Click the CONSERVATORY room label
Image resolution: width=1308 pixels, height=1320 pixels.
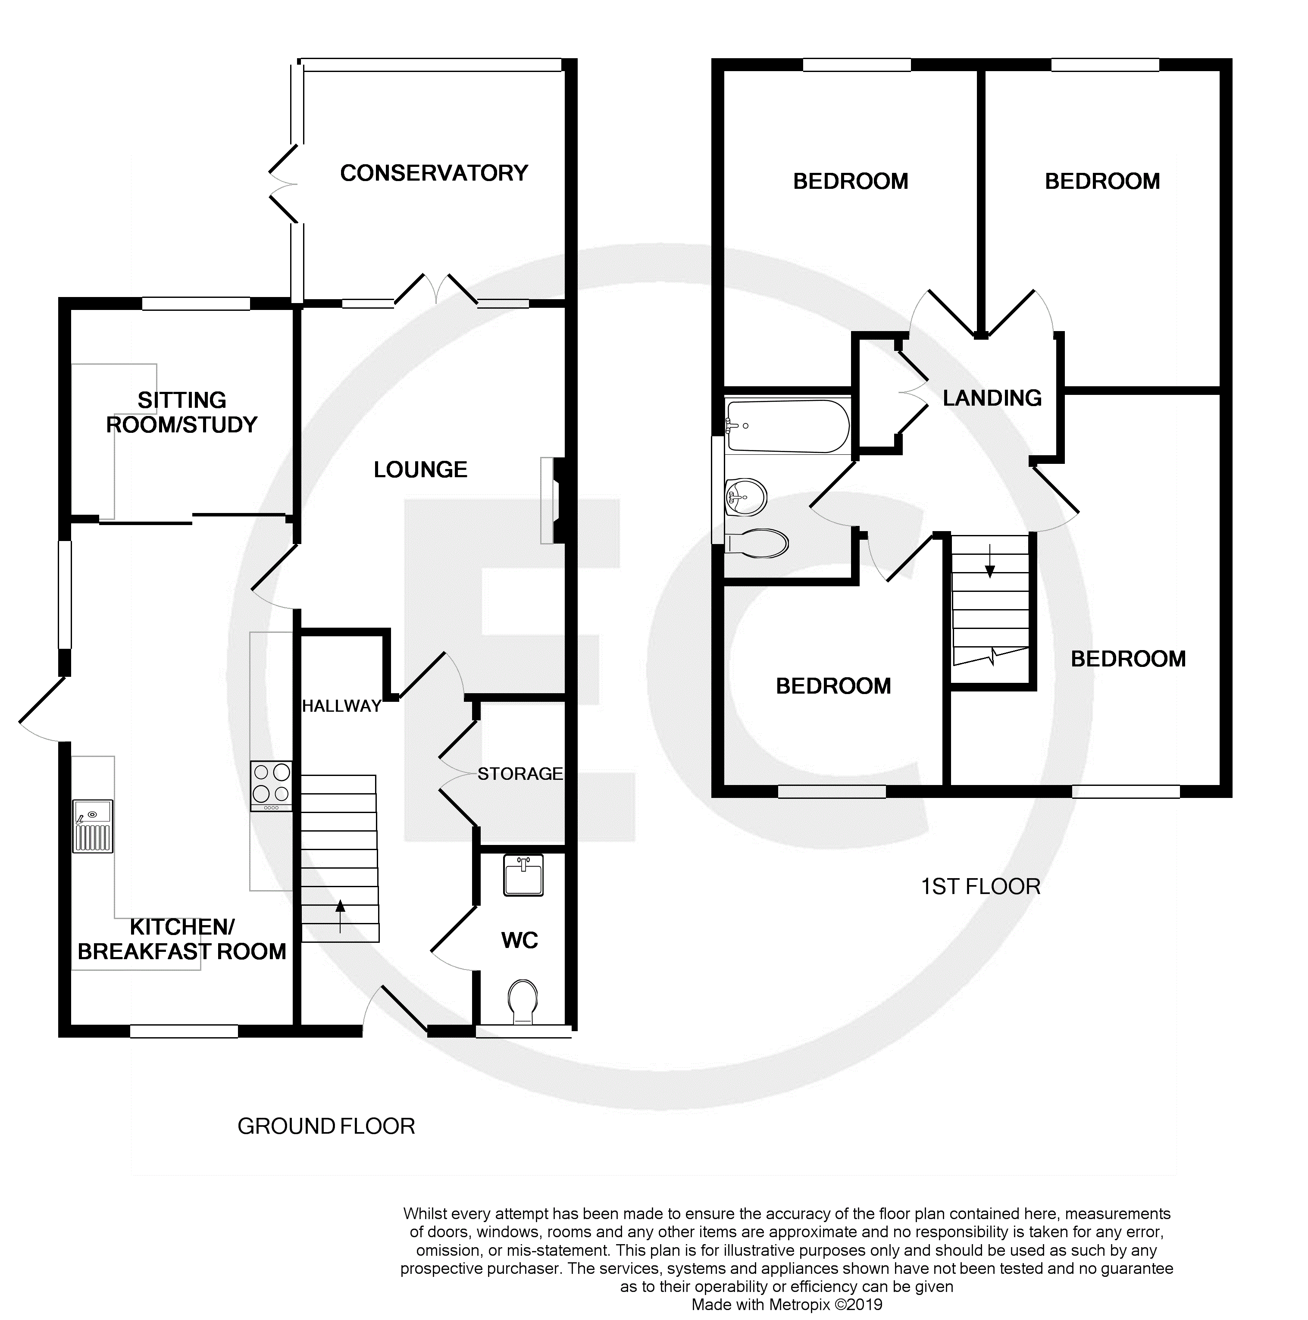pyautogui.click(x=434, y=173)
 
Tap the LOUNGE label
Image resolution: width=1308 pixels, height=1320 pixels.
pyautogui.click(x=420, y=469)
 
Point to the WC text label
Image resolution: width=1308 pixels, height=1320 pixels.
pyautogui.click(x=519, y=940)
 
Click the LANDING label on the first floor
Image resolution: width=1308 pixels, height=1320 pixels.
pyautogui.click(x=992, y=397)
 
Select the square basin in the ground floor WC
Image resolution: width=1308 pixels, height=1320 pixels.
pyautogui.click(x=523, y=875)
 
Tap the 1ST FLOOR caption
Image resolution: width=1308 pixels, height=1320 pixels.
pyautogui.click(x=981, y=886)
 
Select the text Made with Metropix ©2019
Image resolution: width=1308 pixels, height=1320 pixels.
pyautogui.click(x=787, y=1305)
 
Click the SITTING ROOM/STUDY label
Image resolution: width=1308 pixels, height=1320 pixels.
pyautogui.click(x=182, y=412)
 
